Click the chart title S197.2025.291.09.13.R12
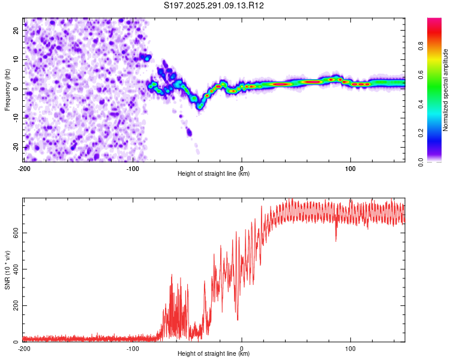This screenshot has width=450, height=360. click(214, 5)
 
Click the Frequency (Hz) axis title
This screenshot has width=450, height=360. click(7, 88)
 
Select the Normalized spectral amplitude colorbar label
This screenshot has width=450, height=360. click(446, 91)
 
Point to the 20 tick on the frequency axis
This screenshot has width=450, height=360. click(16, 30)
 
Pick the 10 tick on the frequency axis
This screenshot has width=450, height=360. click(16, 59)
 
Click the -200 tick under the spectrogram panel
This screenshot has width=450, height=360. click(24, 167)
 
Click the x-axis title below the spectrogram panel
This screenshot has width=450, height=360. click(214, 174)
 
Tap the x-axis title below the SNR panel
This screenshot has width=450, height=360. click(214, 355)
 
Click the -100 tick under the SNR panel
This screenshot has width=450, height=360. click(132, 348)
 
